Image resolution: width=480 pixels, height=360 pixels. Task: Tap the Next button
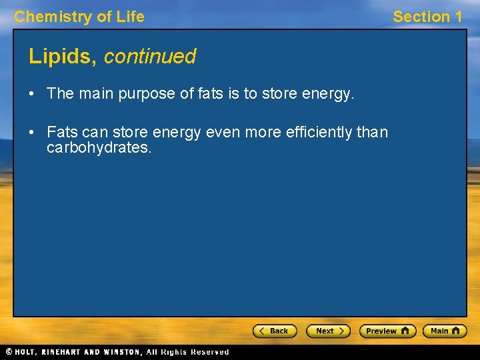point(328,331)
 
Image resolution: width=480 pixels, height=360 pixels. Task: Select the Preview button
point(387,331)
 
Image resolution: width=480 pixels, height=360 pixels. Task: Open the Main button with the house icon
point(446,331)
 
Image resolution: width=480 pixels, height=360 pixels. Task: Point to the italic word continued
point(150,57)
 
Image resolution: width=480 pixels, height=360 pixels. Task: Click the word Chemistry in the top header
point(53,17)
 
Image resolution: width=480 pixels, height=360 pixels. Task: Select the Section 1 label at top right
point(427,17)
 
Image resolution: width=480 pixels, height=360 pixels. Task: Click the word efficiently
point(319,132)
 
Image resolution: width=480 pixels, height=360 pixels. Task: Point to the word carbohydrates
point(99,147)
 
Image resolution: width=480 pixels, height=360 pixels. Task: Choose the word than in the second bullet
point(372,132)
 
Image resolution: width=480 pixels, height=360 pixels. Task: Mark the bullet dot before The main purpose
point(32,94)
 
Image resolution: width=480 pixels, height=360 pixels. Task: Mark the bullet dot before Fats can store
point(32,132)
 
